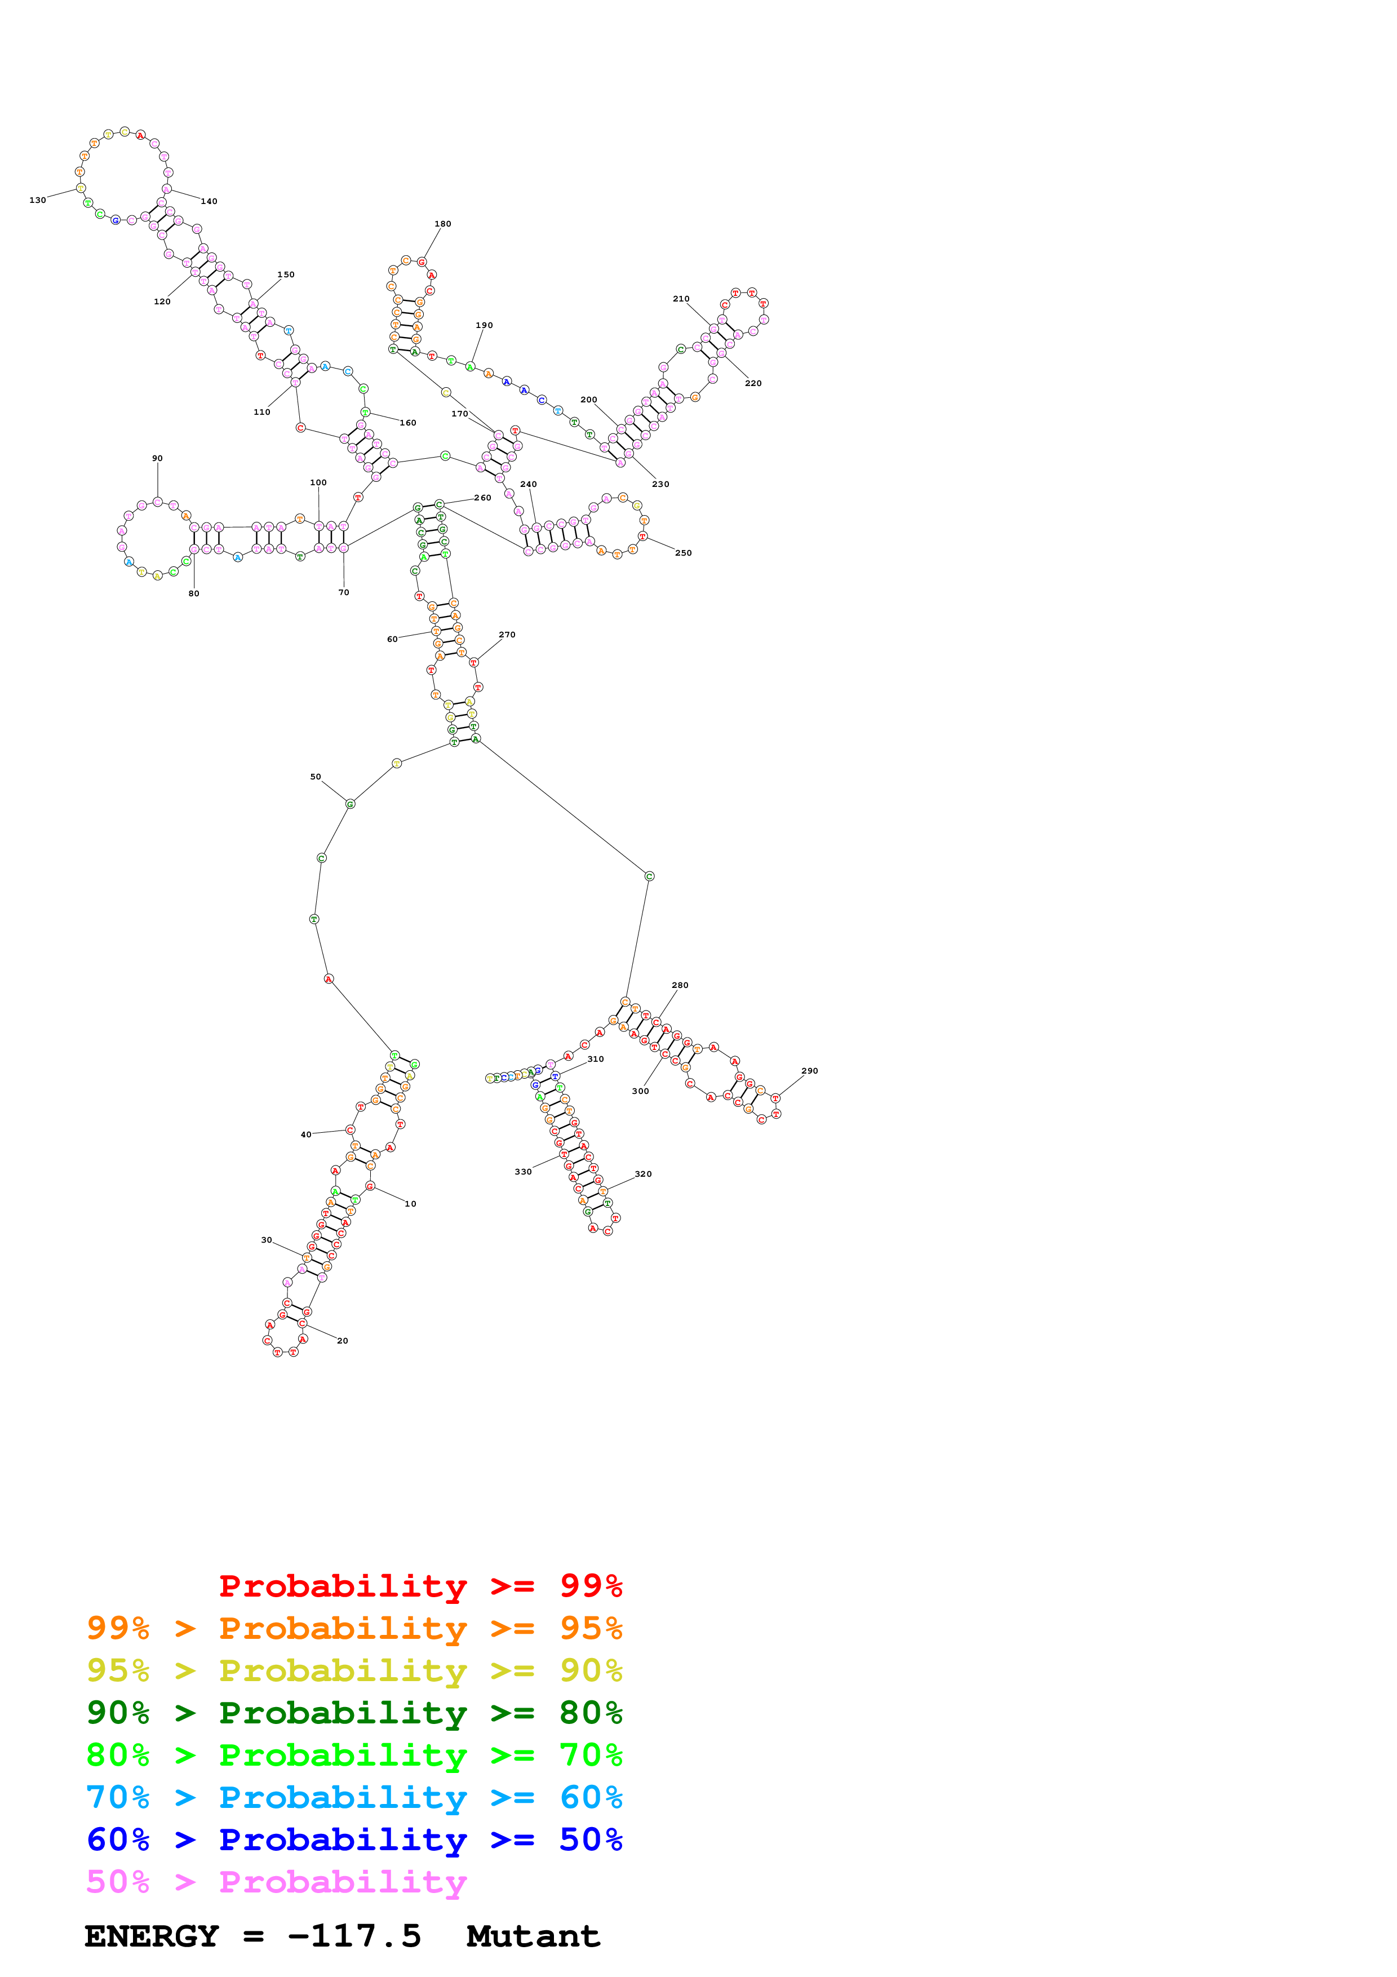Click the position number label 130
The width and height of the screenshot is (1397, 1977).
(x=37, y=200)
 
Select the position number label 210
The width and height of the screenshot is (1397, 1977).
(x=681, y=299)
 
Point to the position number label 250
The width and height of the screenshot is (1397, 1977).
(x=684, y=553)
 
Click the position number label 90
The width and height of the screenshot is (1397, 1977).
(x=158, y=458)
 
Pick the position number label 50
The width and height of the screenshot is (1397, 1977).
(x=316, y=777)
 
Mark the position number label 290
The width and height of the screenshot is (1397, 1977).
(x=809, y=1071)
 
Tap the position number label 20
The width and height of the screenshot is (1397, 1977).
(x=343, y=1341)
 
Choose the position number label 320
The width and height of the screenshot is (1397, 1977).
(x=643, y=1173)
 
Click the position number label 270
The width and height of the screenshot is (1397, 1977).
(x=507, y=635)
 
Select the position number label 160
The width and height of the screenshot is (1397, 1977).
(x=408, y=423)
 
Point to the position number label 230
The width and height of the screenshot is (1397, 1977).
(x=660, y=484)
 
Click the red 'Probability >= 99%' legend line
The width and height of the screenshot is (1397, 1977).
(x=420, y=1586)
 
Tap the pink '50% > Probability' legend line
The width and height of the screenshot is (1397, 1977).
(x=276, y=1882)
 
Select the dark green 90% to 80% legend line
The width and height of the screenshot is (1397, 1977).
(x=354, y=1713)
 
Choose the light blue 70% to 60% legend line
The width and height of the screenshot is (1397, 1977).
(x=354, y=1797)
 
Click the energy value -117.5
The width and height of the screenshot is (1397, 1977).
(x=354, y=1936)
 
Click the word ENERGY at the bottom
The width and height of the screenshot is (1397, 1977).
(x=152, y=1936)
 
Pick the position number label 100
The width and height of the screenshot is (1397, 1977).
(x=318, y=482)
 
